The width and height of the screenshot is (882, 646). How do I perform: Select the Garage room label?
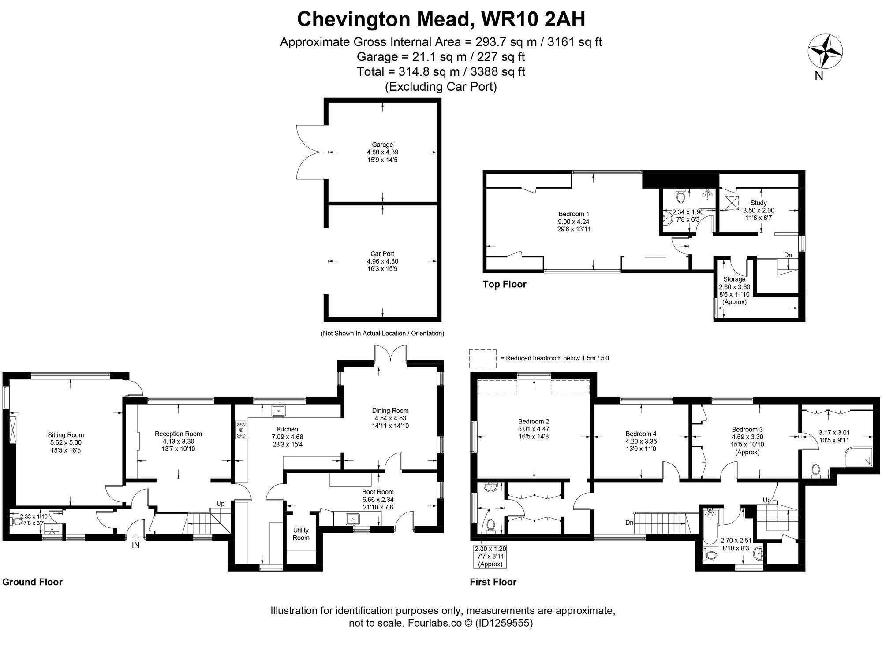pos(382,145)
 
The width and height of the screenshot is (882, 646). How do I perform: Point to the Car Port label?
pos(382,254)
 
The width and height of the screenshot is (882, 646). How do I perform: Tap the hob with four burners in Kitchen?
pos(242,430)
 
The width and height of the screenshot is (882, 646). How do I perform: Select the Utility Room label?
pos(301,534)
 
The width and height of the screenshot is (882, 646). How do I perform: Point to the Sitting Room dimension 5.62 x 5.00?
pos(66,442)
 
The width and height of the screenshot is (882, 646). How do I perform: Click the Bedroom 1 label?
pos(573,214)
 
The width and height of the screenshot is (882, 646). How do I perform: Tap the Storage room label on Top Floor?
pos(734,279)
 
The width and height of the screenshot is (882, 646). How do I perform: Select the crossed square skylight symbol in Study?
pos(732,203)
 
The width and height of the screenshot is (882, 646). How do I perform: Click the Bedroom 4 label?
pos(640,434)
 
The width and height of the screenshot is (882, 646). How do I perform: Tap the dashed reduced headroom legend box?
pos(483,359)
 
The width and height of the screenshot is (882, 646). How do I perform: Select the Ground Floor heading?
pos(33,582)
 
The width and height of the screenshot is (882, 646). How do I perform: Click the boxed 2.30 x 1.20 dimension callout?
pos(490,556)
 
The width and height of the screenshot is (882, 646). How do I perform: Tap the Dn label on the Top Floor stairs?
pos(788,255)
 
